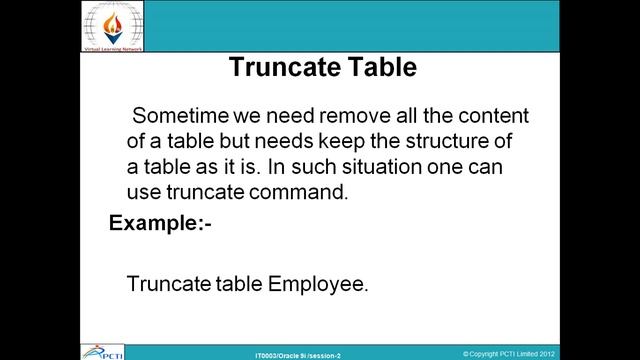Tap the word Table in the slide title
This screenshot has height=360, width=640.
click(379, 68)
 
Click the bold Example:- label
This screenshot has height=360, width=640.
click(160, 222)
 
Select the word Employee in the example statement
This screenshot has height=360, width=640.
click(318, 284)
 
